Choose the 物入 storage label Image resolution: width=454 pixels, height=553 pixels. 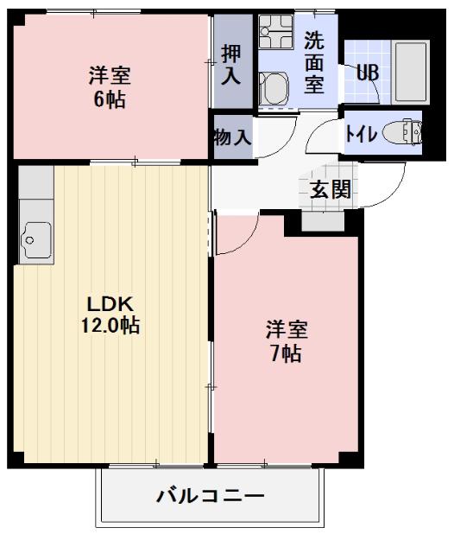tap(231, 135)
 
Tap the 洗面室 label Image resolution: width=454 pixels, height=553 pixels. tap(313, 63)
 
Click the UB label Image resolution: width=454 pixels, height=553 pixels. tap(368, 72)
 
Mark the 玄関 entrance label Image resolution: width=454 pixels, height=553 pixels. tap(331, 189)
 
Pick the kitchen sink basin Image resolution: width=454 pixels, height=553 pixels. tap(37, 233)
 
